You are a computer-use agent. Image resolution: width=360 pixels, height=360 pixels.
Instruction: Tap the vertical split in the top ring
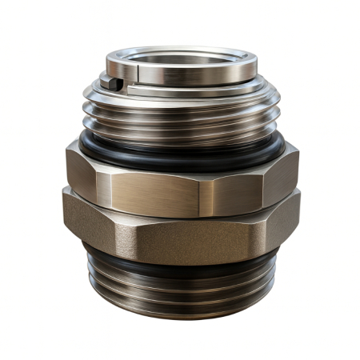click(137, 74)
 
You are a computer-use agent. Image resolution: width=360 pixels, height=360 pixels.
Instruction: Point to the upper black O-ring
click(180, 155)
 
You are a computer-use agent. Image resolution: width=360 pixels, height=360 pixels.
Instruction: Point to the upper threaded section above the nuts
click(180, 120)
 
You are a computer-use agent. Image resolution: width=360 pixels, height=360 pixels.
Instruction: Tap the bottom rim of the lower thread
click(180, 317)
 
